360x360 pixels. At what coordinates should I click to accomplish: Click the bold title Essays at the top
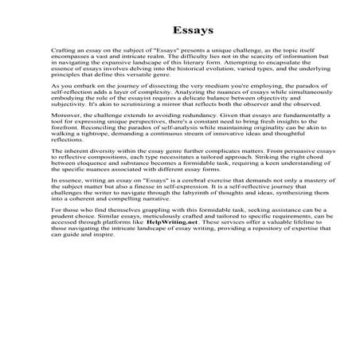pos(180,31)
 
